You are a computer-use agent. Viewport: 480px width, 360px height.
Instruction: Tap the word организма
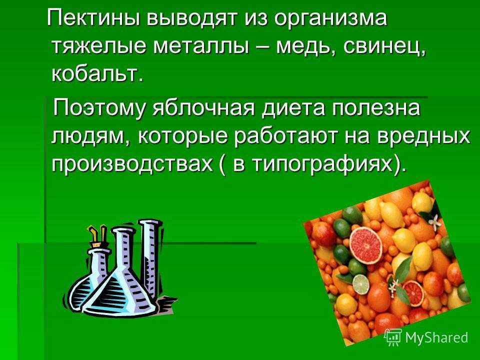(x=330, y=19)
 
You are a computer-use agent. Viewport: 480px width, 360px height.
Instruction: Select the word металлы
(x=201, y=46)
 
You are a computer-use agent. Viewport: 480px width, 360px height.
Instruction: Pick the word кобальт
(x=97, y=74)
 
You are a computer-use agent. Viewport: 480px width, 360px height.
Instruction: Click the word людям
(x=90, y=136)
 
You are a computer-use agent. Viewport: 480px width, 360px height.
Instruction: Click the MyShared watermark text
(x=436, y=337)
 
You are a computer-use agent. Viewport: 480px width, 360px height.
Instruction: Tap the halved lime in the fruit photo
(x=361, y=284)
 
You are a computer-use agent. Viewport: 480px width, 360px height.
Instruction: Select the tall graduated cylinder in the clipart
(x=150, y=260)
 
